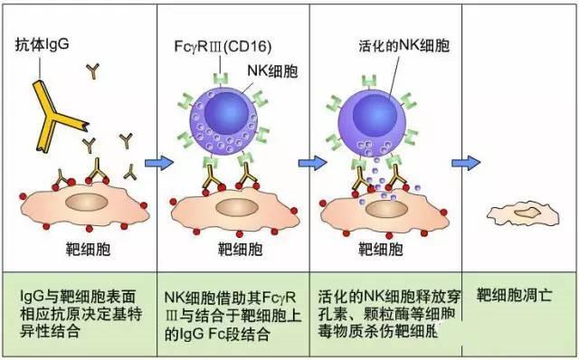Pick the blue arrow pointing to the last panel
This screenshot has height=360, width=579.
465,164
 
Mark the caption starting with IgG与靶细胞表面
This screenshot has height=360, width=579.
81,313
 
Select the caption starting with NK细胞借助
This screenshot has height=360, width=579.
234,313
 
